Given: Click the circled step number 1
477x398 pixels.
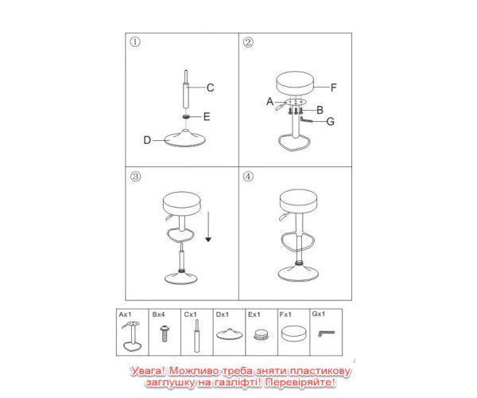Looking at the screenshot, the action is click(x=135, y=41).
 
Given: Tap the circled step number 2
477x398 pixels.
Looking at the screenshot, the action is click(x=248, y=42).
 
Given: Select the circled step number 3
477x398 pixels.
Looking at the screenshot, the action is click(x=135, y=176).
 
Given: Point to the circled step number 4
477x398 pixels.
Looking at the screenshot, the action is click(x=248, y=176).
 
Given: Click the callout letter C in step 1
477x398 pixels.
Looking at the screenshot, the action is click(x=210, y=88).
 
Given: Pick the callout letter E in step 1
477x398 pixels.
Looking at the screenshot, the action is click(x=207, y=117).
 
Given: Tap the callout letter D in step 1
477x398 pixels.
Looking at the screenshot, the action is click(x=147, y=140).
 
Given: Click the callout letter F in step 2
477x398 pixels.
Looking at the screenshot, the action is click(x=334, y=88).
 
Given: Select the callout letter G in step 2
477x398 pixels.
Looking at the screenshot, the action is click(x=331, y=122).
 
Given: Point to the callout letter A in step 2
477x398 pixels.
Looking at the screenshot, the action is click(x=270, y=101).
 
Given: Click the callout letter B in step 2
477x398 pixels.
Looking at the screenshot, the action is click(x=320, y=110).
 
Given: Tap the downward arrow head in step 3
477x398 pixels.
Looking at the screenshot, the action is click(x=208, y=240).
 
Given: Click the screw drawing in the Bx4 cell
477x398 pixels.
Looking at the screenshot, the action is click(x=165, y=334).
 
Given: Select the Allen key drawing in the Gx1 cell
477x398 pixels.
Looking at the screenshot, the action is click(x=326, y=334).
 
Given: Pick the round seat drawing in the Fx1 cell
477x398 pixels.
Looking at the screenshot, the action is click(x=293, y=334).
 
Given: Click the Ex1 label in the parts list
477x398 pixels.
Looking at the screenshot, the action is click(x=254, y=314).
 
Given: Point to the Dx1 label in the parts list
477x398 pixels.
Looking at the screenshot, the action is click(x=222, y=314).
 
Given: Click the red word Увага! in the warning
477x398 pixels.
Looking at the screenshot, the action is click(x=148, y=371).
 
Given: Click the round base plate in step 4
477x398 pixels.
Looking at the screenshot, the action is click(x=298, y=274).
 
